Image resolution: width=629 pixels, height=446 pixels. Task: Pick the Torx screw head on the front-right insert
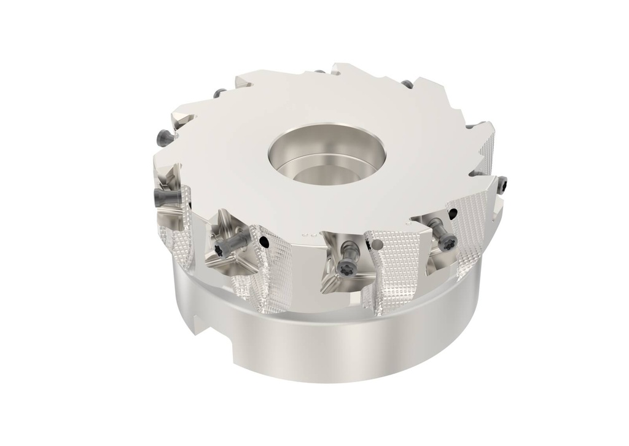(x=450, y=239)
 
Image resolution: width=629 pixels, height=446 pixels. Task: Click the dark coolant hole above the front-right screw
(x=453, y=213)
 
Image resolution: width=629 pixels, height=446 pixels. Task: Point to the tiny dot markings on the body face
(x=310, y=234)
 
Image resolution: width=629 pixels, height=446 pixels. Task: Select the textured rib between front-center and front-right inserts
(x=390, y=270)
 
